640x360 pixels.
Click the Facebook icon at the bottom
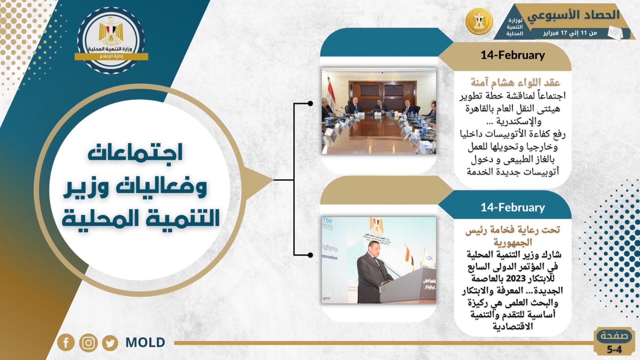66,342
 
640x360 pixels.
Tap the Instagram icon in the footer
88,343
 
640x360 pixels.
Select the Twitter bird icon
110,343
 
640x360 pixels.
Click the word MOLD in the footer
145,343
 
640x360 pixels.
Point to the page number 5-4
614,350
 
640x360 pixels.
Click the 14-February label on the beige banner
513,55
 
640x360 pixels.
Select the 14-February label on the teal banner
513,207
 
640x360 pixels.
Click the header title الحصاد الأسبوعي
573,16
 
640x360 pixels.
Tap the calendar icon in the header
615,32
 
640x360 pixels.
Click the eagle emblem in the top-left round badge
111,32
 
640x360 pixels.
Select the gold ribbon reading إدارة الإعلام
111,56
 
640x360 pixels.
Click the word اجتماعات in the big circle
135,153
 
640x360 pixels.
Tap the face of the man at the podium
375,247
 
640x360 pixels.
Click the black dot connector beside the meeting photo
310,103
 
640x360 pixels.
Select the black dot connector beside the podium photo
310,255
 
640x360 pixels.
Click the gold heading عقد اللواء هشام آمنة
515,82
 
